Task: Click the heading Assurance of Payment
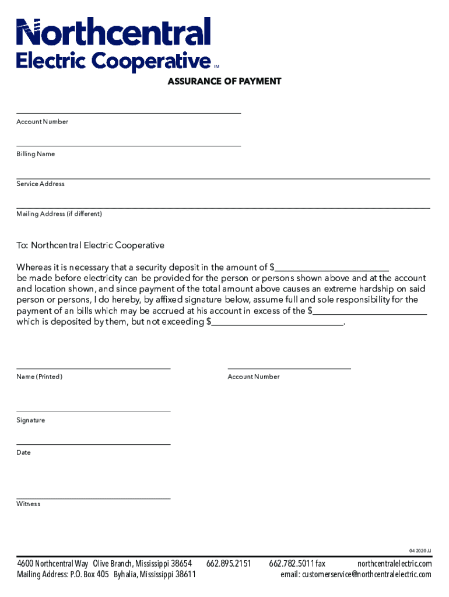tap(224, 82)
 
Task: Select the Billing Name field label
tap(36, 154)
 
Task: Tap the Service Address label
tap(40, 184)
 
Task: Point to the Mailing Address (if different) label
tap(59, 214)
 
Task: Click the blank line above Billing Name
tap(128, 145)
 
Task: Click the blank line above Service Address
tap(223, 178)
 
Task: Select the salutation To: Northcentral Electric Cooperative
tap(90, 245)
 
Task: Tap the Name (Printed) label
tap(39, 377)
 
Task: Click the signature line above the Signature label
tap(93, 412)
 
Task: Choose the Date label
tap(23, 452)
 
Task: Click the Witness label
tap(29, 504)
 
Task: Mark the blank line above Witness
tap(93, 498)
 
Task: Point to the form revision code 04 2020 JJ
tap(420, 550)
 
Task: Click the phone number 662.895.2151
tap(229, 564)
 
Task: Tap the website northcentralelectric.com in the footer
tap(394, 564)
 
